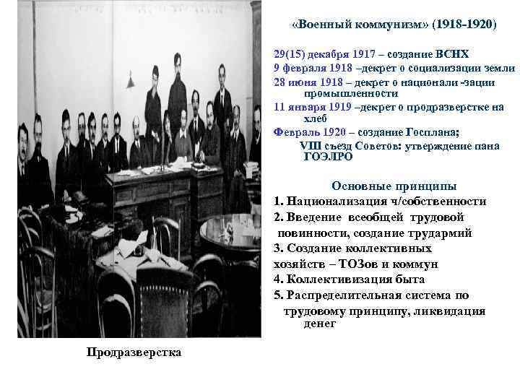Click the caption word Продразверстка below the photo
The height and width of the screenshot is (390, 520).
tap(134, 352)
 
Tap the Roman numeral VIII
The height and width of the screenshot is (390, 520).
tap(309, 144)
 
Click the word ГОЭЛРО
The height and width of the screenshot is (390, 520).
tap(329, 156)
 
